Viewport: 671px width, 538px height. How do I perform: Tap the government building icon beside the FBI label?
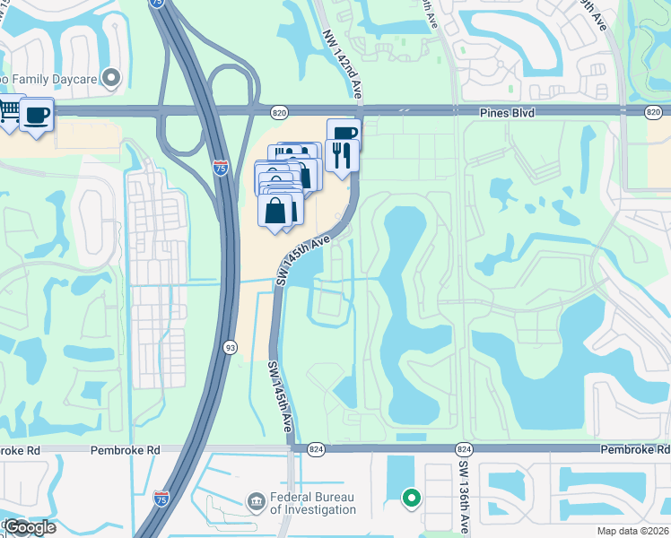(256, 499)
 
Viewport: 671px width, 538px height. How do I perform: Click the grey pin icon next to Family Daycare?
(112, 78)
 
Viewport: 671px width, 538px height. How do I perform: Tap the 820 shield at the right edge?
(652, 111)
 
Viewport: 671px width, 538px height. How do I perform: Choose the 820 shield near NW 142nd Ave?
(280, 111)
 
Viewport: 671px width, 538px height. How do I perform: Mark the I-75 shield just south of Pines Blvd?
(221, 168)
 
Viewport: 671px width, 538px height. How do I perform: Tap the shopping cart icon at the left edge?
(9, 113)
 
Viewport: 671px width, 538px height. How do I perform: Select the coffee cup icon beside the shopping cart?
(36, 116)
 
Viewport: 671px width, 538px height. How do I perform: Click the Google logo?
(30, 527)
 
